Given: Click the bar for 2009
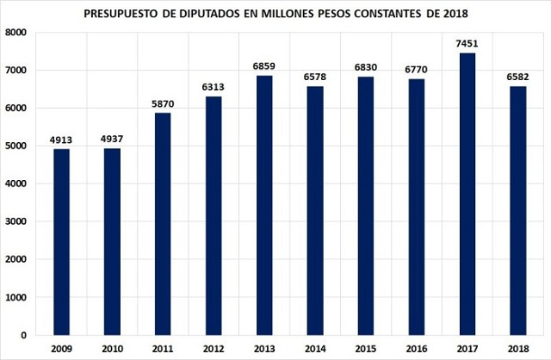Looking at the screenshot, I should click(61, 242).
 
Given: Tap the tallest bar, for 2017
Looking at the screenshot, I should click(467, 194).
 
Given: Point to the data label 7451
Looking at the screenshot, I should click(467, 43).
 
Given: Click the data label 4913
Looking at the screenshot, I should click(61, 140).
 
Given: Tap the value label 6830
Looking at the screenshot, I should click(365, 67).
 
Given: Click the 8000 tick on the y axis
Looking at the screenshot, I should click(17, 32).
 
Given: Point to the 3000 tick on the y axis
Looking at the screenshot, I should click(17, 221).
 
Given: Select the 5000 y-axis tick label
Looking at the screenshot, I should click(17, 146).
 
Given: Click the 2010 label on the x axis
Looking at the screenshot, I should click(112, 349).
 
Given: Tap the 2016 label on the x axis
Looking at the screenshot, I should click(416, 349).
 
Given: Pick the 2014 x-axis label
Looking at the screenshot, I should click(314, 349).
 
